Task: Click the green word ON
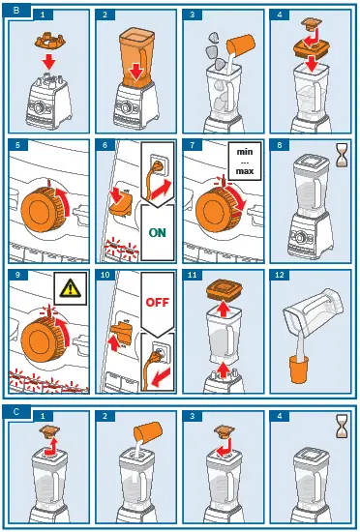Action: [x=158, y=232]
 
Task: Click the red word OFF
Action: [x=158, y=302]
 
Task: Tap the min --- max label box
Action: [x=245, y=162]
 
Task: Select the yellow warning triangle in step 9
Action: [x=71, y=289]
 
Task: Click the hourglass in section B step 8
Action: [x=342, y=155]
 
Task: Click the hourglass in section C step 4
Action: [x=342, y=426]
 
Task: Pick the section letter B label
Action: [x=16, y=11]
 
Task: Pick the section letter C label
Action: [x=16, y=412]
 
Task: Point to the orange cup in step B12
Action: [x=299, y=369]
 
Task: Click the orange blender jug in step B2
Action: [x=136, y=57]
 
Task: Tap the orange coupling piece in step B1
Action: [x=50, y=41]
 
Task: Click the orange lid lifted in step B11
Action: [x=225, y=289]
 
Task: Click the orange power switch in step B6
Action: [x=122, y=206]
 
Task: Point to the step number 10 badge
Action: [x=105, y=275]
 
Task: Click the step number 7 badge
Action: [x=193, y=145]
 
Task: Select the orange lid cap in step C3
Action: [x=225, y=430]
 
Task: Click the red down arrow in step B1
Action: [x=49, y=63]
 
